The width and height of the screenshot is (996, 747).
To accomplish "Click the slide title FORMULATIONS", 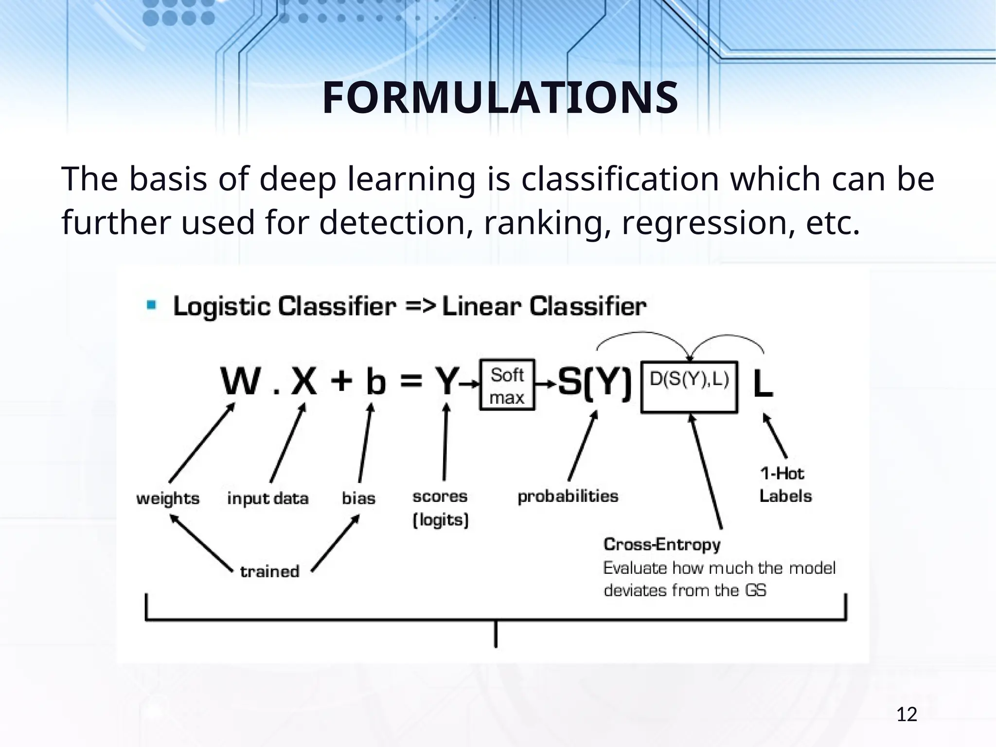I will pos(499,98).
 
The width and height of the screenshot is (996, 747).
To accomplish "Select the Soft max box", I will pos(507,385).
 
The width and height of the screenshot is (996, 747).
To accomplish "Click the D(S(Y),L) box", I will pos(689,387).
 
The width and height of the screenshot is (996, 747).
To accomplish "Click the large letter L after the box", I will pos(763,384).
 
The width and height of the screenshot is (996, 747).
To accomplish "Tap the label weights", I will pos(168,498).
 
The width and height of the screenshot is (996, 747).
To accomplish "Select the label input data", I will pos(268,498).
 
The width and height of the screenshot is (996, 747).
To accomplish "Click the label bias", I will pos(358,498).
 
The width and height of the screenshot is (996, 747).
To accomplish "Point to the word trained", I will pos(270,571).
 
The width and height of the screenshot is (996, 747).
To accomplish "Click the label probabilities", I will pos(568,497).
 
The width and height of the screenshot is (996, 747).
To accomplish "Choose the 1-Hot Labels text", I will pos(785,485).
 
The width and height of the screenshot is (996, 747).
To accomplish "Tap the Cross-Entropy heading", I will pos(662,544).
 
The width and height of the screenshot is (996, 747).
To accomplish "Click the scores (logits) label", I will pos(440,508).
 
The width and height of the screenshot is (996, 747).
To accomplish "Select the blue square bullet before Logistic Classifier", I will pos(152,305).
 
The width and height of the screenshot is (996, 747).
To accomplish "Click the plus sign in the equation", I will pos(341,381).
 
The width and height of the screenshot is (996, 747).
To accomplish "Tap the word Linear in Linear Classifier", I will pos(481,307).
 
